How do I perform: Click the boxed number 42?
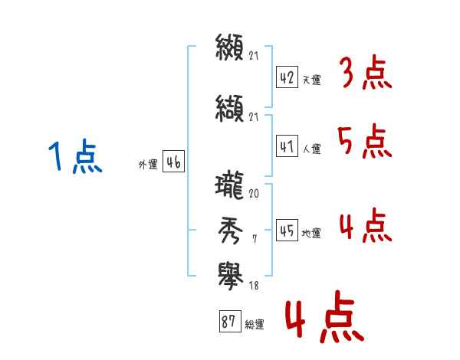287,77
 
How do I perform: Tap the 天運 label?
312,80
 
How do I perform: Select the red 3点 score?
366,73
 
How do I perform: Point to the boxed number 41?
287,146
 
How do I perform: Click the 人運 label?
312,149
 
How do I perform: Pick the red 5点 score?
365,142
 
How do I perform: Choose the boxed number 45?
287,230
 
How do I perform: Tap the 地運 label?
311,234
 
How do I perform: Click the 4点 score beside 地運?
366,225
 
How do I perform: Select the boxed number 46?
174,162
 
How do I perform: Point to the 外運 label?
148,165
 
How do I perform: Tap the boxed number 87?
230,321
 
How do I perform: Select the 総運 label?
255,325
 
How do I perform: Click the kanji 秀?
230,231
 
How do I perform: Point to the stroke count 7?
255,239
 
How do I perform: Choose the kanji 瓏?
229,185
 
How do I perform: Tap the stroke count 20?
254,194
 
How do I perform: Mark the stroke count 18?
254,286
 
